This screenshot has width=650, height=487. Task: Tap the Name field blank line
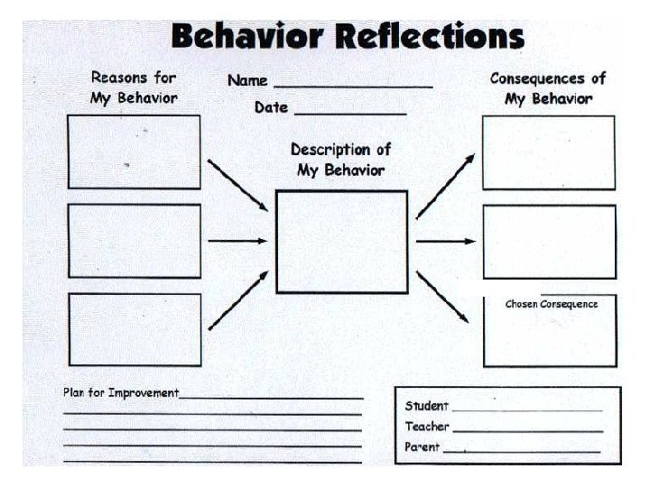pos(353,85)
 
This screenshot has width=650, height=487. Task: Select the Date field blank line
pos(349,112)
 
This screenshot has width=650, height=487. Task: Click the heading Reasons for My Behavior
pos(134,87)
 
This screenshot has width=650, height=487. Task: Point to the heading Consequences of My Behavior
pos(548,88)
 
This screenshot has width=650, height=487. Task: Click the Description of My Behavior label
pos(340,160)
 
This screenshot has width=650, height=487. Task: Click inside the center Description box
pos(341,242)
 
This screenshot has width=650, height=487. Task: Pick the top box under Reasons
pos(134,152)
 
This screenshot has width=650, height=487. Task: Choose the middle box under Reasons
pos(134,241)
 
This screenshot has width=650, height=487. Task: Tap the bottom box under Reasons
pos(134,329)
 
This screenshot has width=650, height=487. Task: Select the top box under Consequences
pos(548,152)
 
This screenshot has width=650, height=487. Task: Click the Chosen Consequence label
pos(551,304)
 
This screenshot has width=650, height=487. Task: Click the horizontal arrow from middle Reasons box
pos(237,241)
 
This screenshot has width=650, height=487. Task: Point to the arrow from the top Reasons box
pos(237,185)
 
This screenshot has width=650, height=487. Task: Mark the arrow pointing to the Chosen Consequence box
pos(442,297)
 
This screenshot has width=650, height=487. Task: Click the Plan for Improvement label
pos(121,393)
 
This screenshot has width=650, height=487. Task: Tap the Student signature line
pos(526,409)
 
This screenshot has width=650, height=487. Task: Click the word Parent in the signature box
pos(422,447)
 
